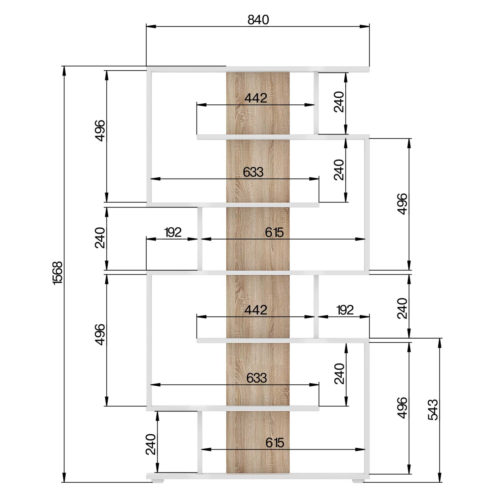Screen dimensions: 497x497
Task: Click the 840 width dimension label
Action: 258,20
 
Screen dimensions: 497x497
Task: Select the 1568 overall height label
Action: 57,273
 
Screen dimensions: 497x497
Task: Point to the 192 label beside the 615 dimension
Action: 173,233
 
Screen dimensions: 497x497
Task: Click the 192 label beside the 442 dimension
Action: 345,310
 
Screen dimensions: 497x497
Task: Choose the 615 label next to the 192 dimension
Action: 275,233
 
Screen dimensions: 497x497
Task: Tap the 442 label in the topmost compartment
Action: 256,98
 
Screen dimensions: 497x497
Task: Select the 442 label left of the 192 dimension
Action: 256,310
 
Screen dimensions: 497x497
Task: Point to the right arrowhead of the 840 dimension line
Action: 365,27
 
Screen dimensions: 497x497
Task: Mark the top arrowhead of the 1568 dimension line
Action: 64,71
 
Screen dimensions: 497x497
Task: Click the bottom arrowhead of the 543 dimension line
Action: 440,477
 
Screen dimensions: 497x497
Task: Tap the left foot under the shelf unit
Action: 158,481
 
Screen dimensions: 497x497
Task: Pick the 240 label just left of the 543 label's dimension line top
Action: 402,308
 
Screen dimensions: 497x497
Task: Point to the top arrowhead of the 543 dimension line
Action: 440,343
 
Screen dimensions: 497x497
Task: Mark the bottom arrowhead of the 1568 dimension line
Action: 64,477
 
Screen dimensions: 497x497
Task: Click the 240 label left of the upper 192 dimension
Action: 100,238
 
